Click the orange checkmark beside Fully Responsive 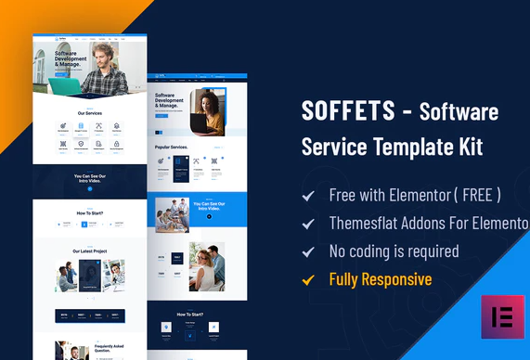point(308,278)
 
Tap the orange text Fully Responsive point(380,278)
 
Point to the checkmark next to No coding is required point(308,251)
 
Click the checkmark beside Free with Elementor point(308,196)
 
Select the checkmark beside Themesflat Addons point(308,224)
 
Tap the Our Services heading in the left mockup point(90,113)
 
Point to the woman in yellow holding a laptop point(208,110)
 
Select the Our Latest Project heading point(90,251)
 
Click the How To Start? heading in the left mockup point(89,212)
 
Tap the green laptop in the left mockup point(66,86)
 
